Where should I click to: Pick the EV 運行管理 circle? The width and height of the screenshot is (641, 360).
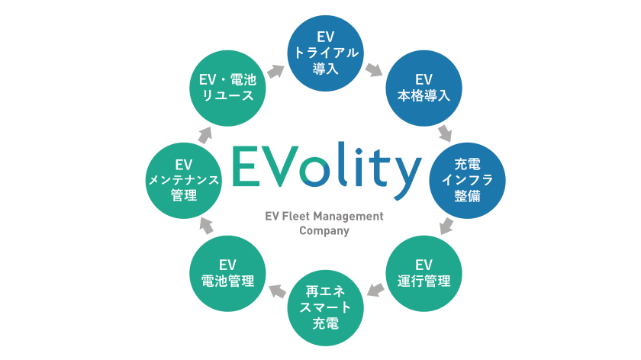(424, 272)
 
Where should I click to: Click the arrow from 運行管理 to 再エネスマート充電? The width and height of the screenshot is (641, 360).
(374, 290)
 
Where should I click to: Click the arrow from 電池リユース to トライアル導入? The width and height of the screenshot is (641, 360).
(275, 71)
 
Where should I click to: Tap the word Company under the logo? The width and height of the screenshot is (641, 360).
(324, 230)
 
